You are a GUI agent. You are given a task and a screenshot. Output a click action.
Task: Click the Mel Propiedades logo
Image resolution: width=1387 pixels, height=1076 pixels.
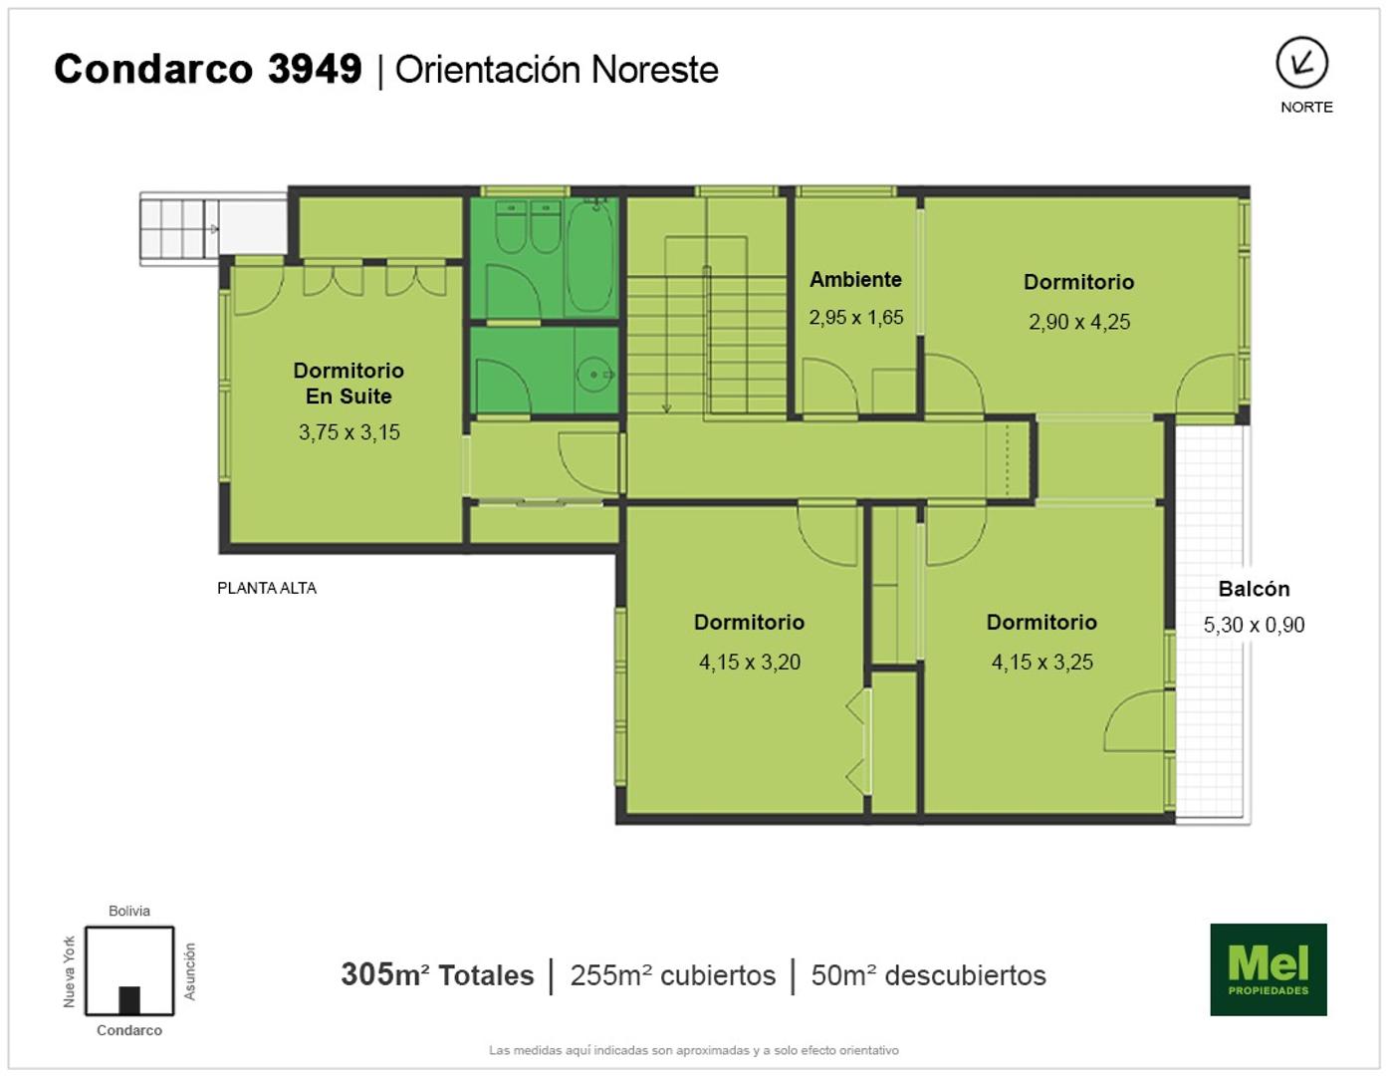pos(1269,969)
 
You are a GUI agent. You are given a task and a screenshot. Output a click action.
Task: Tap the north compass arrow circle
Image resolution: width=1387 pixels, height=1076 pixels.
pos(1302,63)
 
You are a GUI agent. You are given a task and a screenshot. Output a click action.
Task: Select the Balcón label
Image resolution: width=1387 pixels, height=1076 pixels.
pos(1254,588)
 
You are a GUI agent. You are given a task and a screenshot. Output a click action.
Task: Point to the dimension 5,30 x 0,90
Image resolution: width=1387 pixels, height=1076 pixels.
pos(1254,625)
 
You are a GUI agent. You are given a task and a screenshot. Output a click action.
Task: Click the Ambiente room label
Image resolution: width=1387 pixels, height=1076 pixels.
pos(855,279)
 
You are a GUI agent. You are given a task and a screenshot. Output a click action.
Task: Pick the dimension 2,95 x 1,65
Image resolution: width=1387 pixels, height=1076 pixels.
pos(856,318)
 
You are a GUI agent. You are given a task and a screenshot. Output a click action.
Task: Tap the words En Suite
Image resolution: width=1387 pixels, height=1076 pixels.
pos(348,396)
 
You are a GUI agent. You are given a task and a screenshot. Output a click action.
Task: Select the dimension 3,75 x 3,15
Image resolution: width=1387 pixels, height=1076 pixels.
pos(349,432)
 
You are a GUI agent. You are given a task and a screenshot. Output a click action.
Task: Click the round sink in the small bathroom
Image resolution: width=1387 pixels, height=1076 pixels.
pos(594,374)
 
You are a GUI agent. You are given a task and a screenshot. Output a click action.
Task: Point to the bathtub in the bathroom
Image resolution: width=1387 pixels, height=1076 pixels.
pos(591,255)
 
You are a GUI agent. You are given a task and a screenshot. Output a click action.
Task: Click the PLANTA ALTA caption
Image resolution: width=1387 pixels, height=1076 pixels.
pos(267,588)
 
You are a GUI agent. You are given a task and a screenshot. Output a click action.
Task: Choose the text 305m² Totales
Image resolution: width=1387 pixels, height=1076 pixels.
pos(437,975)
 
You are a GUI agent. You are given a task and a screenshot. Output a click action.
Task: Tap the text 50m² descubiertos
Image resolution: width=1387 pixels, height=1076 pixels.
pos(929,975)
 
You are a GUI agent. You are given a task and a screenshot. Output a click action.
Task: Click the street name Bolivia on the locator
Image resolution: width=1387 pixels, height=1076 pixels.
pos(129,911)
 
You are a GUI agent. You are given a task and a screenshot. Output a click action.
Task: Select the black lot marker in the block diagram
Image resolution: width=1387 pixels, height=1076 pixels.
pos(129,1000)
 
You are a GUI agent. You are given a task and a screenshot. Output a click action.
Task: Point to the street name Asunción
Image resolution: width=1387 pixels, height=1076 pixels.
pos(190,970)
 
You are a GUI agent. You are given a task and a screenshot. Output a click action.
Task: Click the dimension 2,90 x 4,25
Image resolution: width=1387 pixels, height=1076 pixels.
pos(1078,322)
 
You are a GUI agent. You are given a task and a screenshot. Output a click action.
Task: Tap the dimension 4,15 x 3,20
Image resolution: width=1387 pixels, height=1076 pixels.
pos(750,663)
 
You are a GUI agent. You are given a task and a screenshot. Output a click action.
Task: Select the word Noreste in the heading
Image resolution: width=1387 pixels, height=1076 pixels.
pos(655,70)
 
